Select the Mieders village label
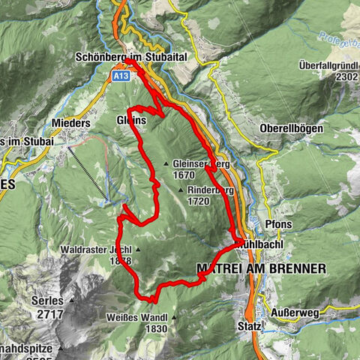click(x=72, y=123)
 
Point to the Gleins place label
click(x=130, y=120)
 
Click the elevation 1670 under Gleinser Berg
click(x=183, y=175)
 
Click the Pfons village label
click(x=278, y=223)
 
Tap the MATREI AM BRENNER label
click(x=260, y=268)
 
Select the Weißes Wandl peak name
click(x=142, y=317)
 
